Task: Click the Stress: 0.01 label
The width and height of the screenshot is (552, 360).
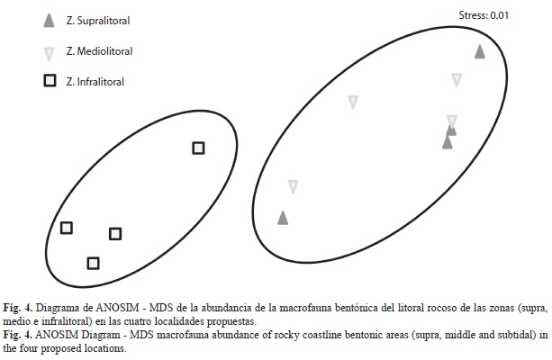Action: [x=484, y=15]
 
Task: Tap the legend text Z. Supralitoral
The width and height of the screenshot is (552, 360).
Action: [x=98, y=21]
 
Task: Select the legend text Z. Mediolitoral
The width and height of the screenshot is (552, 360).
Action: [x=99, y=51]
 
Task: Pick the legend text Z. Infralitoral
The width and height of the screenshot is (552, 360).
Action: [x=95, y=82]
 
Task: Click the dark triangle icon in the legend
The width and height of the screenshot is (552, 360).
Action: [x=49, y=21]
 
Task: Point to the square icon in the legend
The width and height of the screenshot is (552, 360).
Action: [x=50, y=81]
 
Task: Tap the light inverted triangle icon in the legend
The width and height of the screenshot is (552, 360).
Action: [x=49, y=54]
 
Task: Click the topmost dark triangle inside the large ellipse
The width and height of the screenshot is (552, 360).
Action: [x=480, y=52]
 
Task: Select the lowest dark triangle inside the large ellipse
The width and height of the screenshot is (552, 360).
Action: [x=283, y=218]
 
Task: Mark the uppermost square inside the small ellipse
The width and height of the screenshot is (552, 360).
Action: [x=198, y=148]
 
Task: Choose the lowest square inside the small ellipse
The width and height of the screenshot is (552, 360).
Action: [x=93, y=263]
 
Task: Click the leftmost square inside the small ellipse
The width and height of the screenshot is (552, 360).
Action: [x=67, y=228]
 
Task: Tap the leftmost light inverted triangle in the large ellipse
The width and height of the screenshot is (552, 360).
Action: [x=294, y=186]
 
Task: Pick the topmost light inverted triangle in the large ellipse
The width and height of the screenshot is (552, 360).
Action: [x=457, y=79]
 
